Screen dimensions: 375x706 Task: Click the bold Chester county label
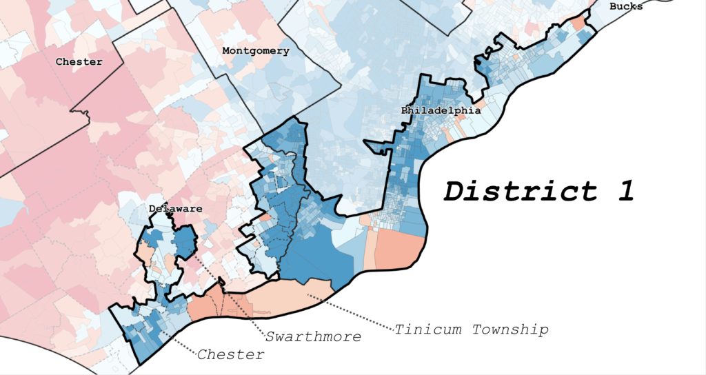tap(79, 62)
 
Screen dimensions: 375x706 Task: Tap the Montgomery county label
tap(255, 51)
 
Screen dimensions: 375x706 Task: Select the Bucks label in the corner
tap(625, 6)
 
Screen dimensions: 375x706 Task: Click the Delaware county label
tap(175, 208)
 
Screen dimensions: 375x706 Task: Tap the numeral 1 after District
tap(625, 191)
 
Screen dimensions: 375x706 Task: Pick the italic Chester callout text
tap(230, 355)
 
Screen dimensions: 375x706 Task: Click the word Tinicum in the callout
tap(430, 330)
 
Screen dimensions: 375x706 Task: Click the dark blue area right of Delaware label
tap(186, 241)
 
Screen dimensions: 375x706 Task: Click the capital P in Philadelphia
tap(405, 110)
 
